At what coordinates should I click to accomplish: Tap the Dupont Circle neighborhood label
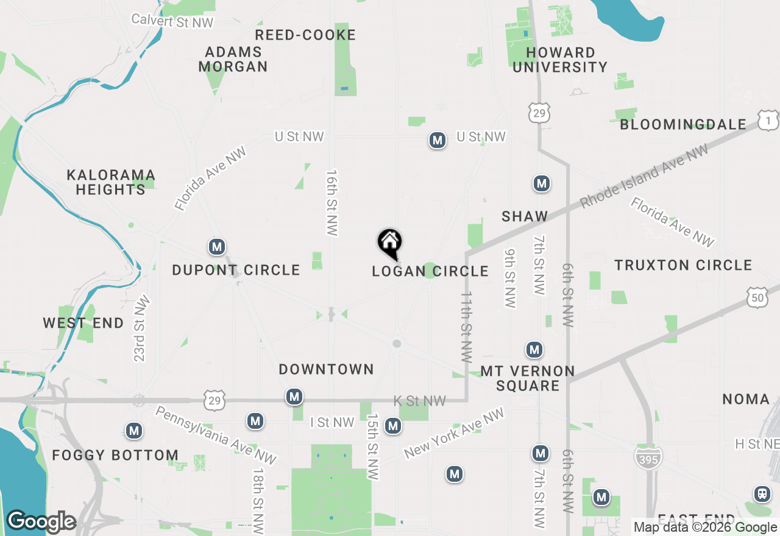tap(236, 270)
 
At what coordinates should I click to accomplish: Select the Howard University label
tap(560, 60)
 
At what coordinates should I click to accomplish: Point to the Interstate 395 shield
tap(648, 458)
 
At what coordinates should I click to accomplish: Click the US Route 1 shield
tap(768, 121)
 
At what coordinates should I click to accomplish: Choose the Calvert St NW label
tap(173, 20)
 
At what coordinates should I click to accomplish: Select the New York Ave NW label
tap(455, 434)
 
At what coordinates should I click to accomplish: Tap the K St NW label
tap(420, 401)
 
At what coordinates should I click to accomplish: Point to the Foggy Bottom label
tap(115, 455)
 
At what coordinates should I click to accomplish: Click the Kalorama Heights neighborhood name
tap(111, 183)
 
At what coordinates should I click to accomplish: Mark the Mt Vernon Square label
tap(528, 378)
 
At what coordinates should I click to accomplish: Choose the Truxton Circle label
tap(683, 266)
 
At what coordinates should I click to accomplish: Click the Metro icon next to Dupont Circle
tap(217, 247)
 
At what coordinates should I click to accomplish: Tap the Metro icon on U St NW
tap(437, 140)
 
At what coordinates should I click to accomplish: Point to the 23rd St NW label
tap(141, 329)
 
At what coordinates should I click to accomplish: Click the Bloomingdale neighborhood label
tap(683, 124)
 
